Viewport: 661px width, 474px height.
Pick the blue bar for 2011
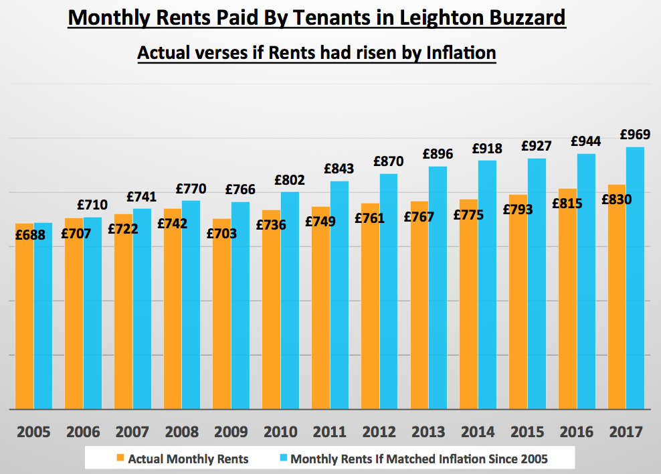[339, 295]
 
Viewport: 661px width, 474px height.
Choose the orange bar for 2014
[468, 308]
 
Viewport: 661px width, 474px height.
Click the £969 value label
[636, 134]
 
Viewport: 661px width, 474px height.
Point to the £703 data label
[221, 234]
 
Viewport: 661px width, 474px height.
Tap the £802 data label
[289, 180]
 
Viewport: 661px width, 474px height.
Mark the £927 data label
[536, 145]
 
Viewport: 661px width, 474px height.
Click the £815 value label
[567, 204]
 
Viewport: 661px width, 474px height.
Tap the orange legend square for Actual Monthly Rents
[120, 459]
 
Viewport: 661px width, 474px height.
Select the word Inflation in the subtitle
[460, 52]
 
